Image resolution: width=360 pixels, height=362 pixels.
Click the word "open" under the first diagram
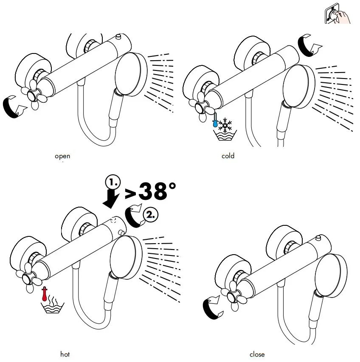coord(62,156)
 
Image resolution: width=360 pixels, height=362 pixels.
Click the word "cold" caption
coord(228,156)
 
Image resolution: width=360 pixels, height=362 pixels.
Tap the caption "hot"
coord(65,354)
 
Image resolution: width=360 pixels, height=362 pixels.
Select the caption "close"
coord(257,354)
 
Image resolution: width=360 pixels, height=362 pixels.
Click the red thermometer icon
coord(44,294)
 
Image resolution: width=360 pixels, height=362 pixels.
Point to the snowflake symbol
coord(225,125)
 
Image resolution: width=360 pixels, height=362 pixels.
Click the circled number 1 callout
coord(113,182)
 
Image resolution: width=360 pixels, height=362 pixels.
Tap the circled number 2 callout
coord(151,215)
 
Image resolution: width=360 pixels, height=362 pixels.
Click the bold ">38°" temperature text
coord(150,191)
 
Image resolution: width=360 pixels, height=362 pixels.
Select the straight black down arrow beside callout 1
coord(111,198)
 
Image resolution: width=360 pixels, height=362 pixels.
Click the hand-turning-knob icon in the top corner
coord(337,14)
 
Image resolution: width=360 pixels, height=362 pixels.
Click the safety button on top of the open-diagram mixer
coord(119,36)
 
